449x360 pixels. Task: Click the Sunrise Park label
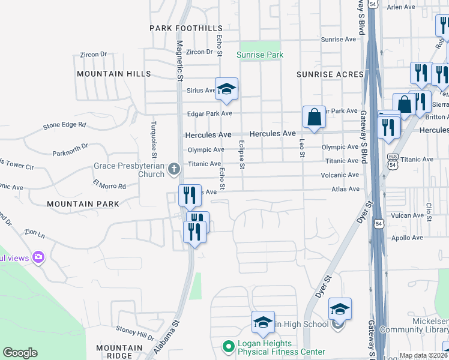tap(259, 55)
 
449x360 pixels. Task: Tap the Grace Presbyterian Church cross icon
tap(174, 169)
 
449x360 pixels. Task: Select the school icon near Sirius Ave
tap(226, 89)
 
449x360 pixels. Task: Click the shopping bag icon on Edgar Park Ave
tap(314, 117)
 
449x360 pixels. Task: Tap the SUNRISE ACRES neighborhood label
tap(330, 74)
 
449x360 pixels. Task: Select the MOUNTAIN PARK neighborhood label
tap(83, 204)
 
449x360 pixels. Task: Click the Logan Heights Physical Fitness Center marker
tap(228, 346)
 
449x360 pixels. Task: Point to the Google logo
tap(20, 353)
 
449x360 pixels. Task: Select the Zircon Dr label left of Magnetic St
tap(93, 55)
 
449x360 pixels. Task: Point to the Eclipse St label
tap(242, 155)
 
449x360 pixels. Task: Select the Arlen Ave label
tap(401, 7)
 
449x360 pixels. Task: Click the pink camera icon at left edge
tap(39, 257)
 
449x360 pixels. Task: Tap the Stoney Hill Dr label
tap(135, 330)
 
